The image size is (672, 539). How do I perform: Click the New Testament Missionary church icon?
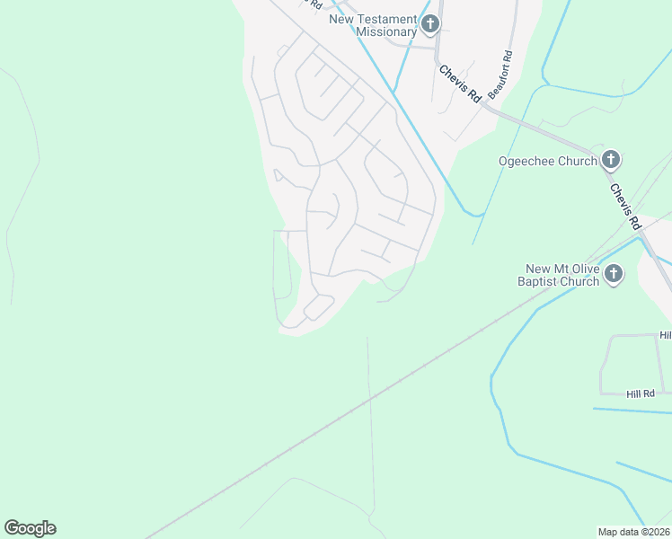430,24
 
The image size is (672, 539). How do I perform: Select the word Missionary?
386,31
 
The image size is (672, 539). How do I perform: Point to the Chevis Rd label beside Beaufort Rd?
459,84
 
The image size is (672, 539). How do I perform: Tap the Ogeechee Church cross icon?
611,161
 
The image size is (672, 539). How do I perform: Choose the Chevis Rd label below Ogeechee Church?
624,206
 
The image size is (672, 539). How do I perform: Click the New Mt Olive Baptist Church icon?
614,274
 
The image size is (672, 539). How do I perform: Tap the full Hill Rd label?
641,393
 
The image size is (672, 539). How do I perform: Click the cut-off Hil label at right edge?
665,334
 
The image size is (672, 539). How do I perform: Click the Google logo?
30,528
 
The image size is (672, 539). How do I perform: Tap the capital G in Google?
12,528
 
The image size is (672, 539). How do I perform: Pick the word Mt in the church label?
558,269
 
